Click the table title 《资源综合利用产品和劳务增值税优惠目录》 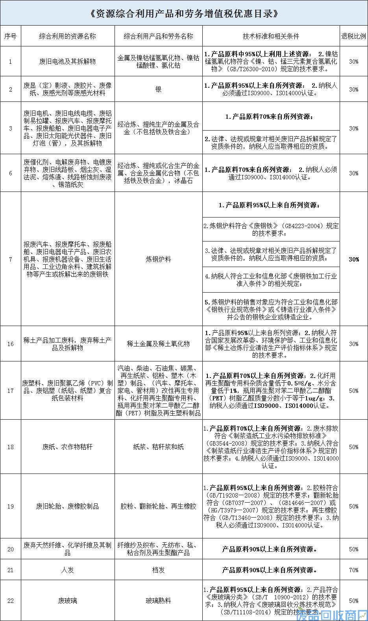pos(184,14)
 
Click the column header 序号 pos(11,36)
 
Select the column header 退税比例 pos(353,36)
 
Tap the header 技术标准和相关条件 pos(271,36)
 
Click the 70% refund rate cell pos(353,570)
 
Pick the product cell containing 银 pos(158,89)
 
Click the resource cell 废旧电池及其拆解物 pos(67,61)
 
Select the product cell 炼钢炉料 pos(158,259)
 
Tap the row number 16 pos(11,344)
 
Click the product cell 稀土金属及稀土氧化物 pos(158,344)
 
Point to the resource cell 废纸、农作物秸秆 pos(67,447)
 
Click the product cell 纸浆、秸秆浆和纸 pos(158,447)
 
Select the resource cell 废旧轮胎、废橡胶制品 pos(67,506)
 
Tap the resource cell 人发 pos(67,570)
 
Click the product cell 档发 pos(158,570)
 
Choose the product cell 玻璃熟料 pos(158,601)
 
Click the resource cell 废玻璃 pos(67,601)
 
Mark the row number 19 pos(11,506)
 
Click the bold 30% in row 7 pos(353,259)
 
